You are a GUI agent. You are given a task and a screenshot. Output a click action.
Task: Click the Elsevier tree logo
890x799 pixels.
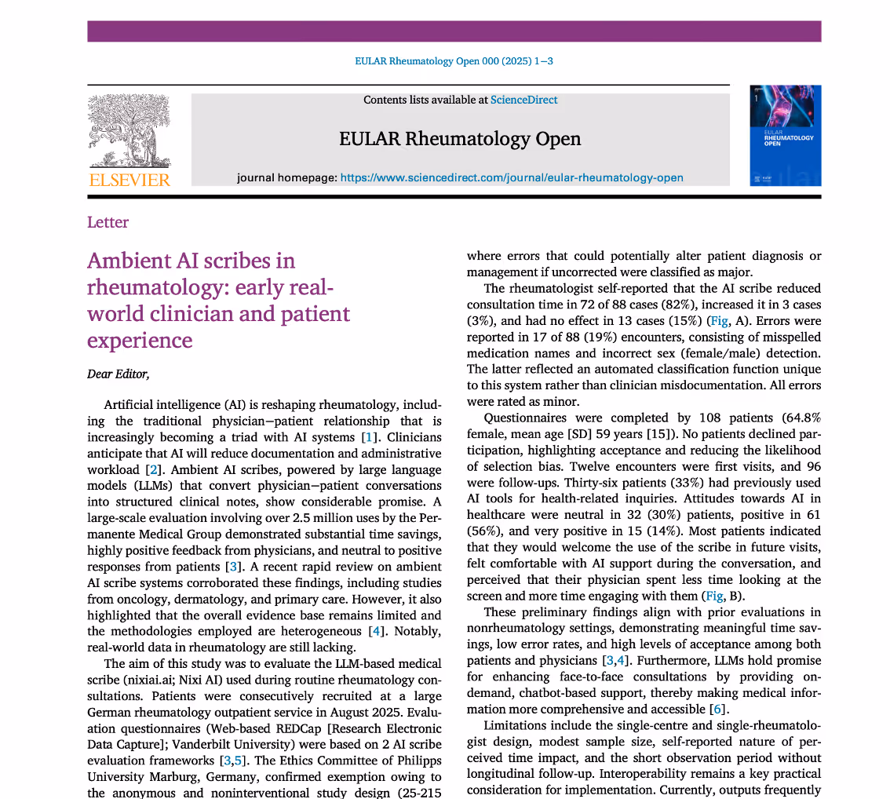pyautogui.click(x=129, y=132)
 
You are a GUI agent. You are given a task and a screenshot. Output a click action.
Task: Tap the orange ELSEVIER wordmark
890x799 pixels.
pyautogui.click(x=129, y=181)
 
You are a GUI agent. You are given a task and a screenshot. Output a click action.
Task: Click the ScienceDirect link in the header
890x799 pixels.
pyautogui.click(x=523, y=100)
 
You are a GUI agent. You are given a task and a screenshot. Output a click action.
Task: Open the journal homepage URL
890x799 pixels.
pyautogui.click(x=511, y=177)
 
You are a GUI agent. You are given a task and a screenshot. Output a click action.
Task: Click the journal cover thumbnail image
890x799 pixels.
pyautogui.click(x=785, y=135)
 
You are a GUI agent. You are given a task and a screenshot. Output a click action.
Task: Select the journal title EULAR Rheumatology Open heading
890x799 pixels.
pyautogui.click(x=460, y=139)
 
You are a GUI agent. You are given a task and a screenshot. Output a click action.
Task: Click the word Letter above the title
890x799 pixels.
pyautogui.click(x=108, y=222)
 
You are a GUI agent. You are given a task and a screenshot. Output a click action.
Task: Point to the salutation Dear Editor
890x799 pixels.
pyautogui.click(x=118, y=374)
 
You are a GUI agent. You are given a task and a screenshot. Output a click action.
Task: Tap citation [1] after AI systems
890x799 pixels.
pyautogui.click(x=367, y=436)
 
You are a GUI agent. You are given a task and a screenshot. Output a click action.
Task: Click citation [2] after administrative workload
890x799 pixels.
pyautogui.click(x=155, y=469)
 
